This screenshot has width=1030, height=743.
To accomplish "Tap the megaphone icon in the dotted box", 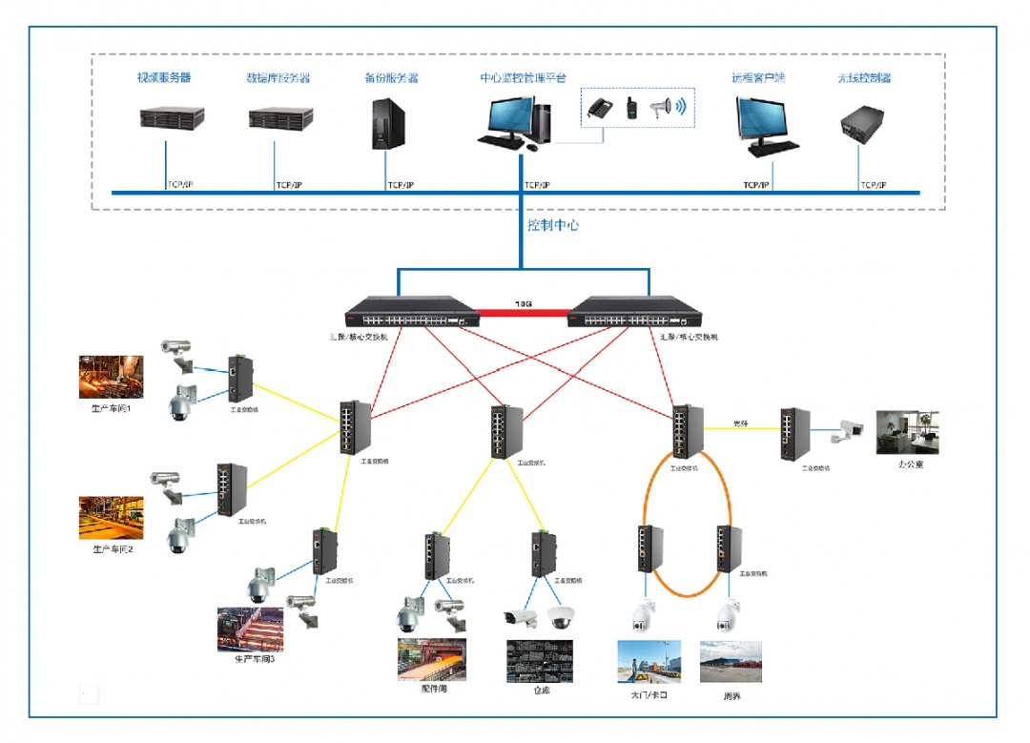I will (x=662, y=109).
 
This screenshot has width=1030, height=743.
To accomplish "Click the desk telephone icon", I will (x=600, y=108).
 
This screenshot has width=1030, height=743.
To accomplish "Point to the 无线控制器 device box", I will (x=861, y=126).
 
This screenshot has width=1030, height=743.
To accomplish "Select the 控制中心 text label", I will (x=553, y=226).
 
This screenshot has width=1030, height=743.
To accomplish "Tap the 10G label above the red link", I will (x=524, y=303).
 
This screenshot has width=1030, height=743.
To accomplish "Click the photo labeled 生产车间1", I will (x=112, y=377).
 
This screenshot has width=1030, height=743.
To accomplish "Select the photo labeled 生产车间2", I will (x=112, y=518).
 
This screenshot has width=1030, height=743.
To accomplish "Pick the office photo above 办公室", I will (x=907, y=433).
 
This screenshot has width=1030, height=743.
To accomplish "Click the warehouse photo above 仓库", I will (x=540, y=659).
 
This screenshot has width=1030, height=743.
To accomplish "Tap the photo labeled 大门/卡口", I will (x=649, y=662).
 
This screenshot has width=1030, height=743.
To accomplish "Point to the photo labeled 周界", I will (x=731, y=662).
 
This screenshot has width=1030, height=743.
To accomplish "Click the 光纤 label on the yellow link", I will (x=740, y=423).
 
